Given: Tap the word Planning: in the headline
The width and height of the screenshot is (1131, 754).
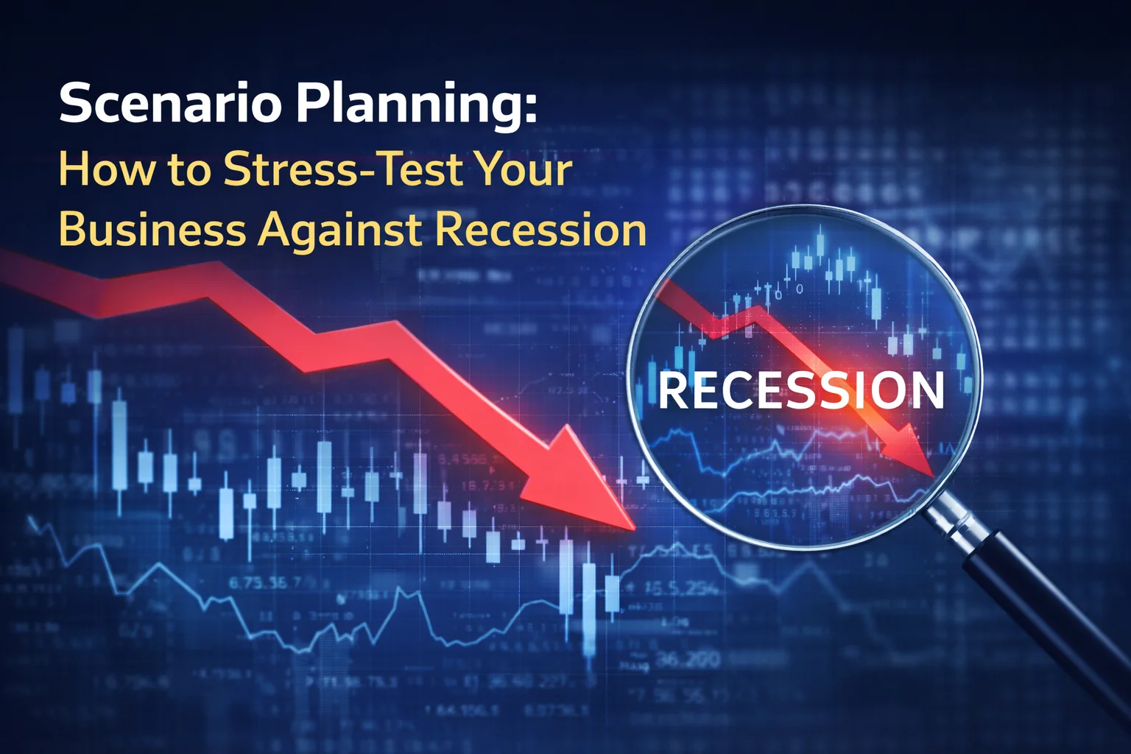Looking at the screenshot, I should (416, 105).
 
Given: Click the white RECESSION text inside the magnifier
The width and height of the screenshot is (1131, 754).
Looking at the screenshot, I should (801, 390).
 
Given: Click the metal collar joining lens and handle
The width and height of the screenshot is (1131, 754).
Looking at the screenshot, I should (950, 515).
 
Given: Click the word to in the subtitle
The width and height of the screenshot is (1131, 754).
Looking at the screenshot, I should (188, 170).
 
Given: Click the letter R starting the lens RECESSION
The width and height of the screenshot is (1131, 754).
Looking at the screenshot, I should (672, 391).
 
